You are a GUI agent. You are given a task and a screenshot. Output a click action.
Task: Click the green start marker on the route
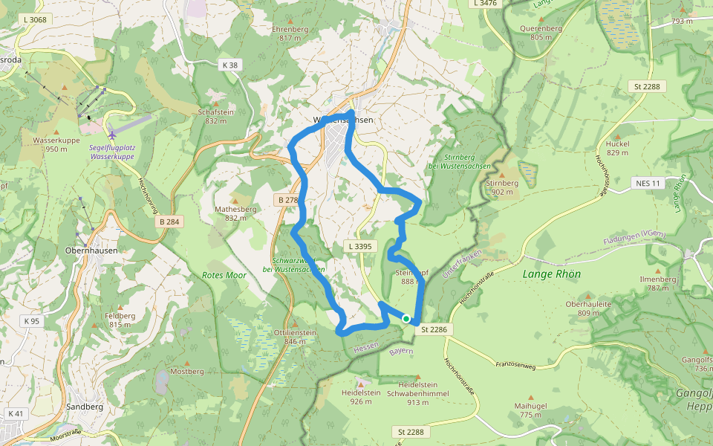tap(406, 318)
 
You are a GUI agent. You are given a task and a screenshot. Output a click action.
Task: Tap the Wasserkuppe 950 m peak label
tap(51, 144)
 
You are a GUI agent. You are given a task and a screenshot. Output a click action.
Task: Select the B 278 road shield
tap(288, 200)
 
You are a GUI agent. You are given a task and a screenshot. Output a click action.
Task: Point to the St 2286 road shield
tap(436, 329)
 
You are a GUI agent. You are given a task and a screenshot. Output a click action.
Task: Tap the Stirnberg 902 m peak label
tap(501, 187)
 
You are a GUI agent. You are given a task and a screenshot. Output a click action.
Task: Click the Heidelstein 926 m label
tap(361, 396)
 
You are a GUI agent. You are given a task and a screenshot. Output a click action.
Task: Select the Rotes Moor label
tap(224, 275)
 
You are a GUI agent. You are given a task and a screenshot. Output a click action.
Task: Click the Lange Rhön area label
tap(552, 274)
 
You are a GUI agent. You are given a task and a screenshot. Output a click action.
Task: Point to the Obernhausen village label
tap(91, 251)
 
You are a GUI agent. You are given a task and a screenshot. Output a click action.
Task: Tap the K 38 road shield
tap(230, 65)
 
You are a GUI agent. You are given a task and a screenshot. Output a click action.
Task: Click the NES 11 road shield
tap(647, 183)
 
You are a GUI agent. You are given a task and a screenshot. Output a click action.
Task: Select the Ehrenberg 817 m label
tap(290, 33)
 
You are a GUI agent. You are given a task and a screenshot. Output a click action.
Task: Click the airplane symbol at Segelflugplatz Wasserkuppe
tap(112, 135)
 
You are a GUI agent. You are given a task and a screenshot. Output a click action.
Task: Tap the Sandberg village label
tap(85, 407)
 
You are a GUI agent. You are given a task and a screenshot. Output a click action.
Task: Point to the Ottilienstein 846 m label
tap(295, 337)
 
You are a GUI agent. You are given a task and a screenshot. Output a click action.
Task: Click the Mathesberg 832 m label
tap(235, 213)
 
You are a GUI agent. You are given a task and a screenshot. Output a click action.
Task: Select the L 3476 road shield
tap(485, 4)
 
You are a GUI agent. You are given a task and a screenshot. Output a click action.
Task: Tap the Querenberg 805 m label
tap(541, 33)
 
